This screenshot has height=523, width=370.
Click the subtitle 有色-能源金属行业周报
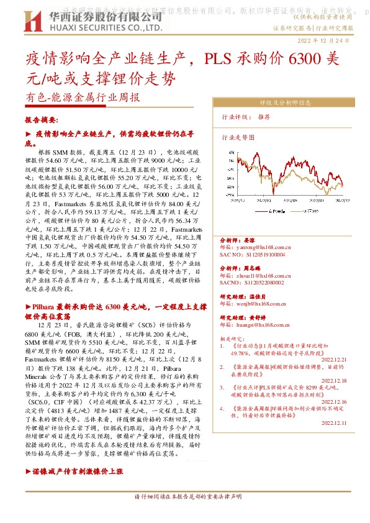(x=83, y=97)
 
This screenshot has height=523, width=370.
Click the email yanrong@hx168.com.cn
(x=257, y=247)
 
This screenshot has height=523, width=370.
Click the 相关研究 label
(x=232, y=339)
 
